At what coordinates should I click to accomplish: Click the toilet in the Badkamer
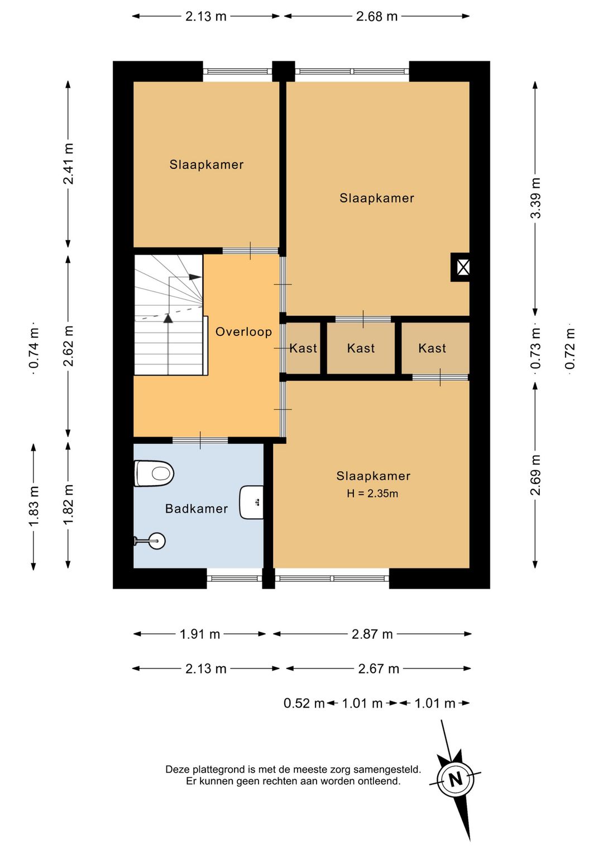pyautogui.click(x=154, y=473)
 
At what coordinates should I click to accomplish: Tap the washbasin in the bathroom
pyautogui.click(x=251, y=502)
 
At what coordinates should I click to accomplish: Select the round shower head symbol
pyautogui.click(x=157, y=541)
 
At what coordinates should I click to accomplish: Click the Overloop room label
pyautogui.click(x=244, y=331)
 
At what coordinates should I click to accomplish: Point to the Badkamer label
pyautogui.click(x=197, y=508)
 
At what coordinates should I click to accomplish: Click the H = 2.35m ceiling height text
pyautogui.click(x=372, y=494)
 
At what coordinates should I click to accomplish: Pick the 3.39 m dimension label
pyautogui.click(x=535, y=198)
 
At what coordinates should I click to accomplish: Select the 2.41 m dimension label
pyautogui.click(x=69, y=164)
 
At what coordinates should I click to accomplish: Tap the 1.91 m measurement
pyautogui.click(x=200, y=634)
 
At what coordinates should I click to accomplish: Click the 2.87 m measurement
pyautogui.click(x=372, y=634)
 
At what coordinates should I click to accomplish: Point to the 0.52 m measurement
pyautogui.click(x=304, y=703)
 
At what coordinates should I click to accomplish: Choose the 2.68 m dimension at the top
pyautogui.click(x=377, y=16)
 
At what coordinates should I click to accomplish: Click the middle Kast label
pyautogui.click(x=361, y=348)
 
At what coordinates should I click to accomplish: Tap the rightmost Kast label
pyautogui.click(x=432, y=348)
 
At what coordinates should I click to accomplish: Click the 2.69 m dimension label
pyautogui.click(x=535, y=475)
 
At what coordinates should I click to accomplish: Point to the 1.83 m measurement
pyautogui.click(x=34, y=506)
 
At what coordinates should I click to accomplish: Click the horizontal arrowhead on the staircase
pyautogui.click(x=195, y=277)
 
